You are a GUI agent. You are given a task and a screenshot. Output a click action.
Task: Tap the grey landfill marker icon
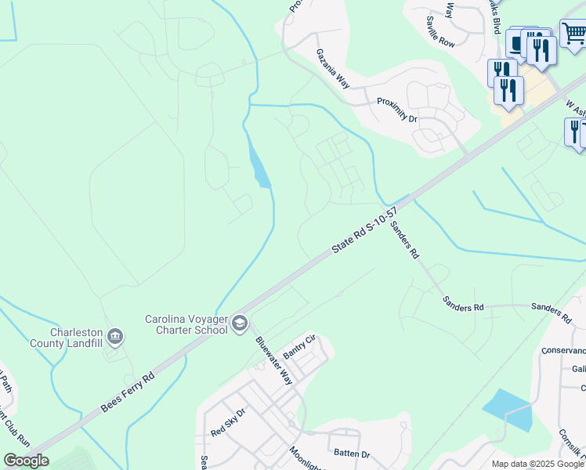(x=115, y=337)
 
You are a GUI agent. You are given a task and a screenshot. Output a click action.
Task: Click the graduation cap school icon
(x=239, y=324)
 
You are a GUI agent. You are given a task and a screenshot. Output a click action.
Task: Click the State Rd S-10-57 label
(x=364, y=230)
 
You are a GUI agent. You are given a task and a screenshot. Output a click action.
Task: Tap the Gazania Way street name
(x=331, y=69)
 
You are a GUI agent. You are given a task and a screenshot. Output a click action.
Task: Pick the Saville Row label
(x=440, y=32)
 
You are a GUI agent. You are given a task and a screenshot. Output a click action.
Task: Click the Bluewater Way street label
(x=274, y=360)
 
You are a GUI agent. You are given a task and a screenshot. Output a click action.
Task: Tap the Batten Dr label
(x=352, y=454)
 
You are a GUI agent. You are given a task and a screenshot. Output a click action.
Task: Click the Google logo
(x=26, y=461)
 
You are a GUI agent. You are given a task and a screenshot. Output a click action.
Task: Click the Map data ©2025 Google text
(x=538, y=464)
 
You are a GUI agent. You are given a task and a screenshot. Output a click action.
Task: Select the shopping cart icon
(x=574, y=34)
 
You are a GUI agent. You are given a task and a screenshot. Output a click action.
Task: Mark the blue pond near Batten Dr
(x=506, y=410)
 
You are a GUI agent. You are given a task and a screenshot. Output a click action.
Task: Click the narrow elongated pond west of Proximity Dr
(x=258, y=163)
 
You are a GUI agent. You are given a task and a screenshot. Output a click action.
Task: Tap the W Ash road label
(x=575, y=106)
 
